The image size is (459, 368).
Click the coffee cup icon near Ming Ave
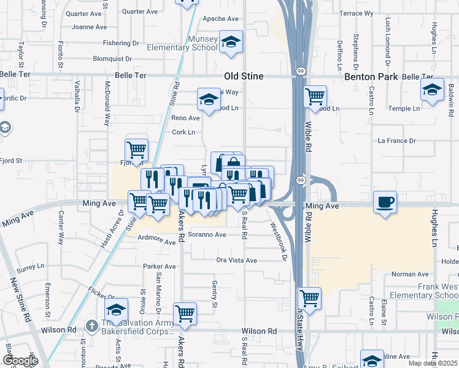pyautogui.click(x=385, y=202)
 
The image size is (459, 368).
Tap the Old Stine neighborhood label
pyautogui.click(x=244, y=76)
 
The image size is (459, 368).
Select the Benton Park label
pyautogui.click(x=372, y=77)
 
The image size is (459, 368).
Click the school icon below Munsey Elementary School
pyautogui.click(x=231, y=42)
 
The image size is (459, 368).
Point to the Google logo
pyautogui.click(x=20, y=361)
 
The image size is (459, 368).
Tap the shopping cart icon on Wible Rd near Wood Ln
pyautogui.click(x=315, y=96)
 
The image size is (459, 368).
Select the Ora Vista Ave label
pyautogui.click(x=236, y=260)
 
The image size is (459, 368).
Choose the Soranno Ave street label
pyautogui.click(x=207, y=234)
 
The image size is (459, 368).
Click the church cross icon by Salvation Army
pyautogui.click(x=91, y=324)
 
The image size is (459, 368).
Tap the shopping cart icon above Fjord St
pyautogui.click(x=136, y=149)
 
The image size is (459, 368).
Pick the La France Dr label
pyautogui.click(x=396, y=140)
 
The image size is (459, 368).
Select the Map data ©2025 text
pyautogui.click(x=430, y=363)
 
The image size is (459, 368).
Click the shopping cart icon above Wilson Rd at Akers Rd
pyautogui.click(x=185, y=313)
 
